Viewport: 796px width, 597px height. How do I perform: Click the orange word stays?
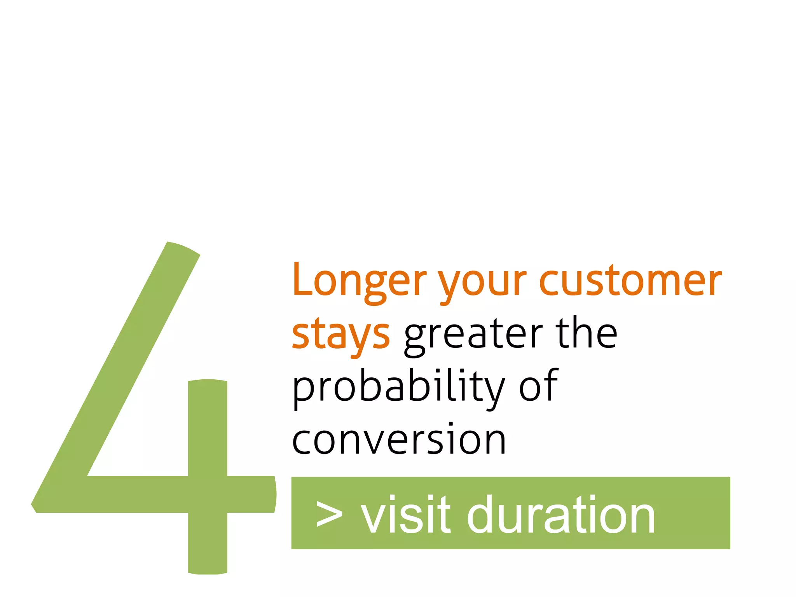pyautogui.click(x=340, y=334)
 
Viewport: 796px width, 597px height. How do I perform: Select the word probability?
pyautogui.click(x=398, y=387)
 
